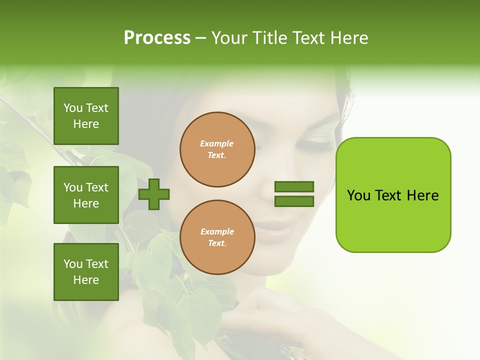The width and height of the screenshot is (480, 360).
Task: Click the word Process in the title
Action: pos(157,38)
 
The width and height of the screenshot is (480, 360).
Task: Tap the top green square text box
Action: pos(86,116)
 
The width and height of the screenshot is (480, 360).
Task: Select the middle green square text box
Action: pos(86,195)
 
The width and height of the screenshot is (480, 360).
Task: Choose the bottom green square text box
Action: pos(86,272)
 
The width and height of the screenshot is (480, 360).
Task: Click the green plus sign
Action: pos(154,193)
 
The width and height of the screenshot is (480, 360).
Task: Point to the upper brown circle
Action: pos(217,149)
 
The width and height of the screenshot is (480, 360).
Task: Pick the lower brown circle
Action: pos(217,237)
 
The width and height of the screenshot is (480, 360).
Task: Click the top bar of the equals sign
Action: pos(294,186)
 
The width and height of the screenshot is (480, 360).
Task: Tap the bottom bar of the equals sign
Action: pos(294,201)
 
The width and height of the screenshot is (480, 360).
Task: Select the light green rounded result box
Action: pos(393,195)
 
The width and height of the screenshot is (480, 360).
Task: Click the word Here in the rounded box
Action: pos(422,195)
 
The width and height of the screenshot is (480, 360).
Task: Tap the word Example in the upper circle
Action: pos(217,143)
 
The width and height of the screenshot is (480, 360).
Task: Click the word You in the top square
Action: pos(72,108)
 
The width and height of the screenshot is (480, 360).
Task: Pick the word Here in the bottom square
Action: pos(86,280)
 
